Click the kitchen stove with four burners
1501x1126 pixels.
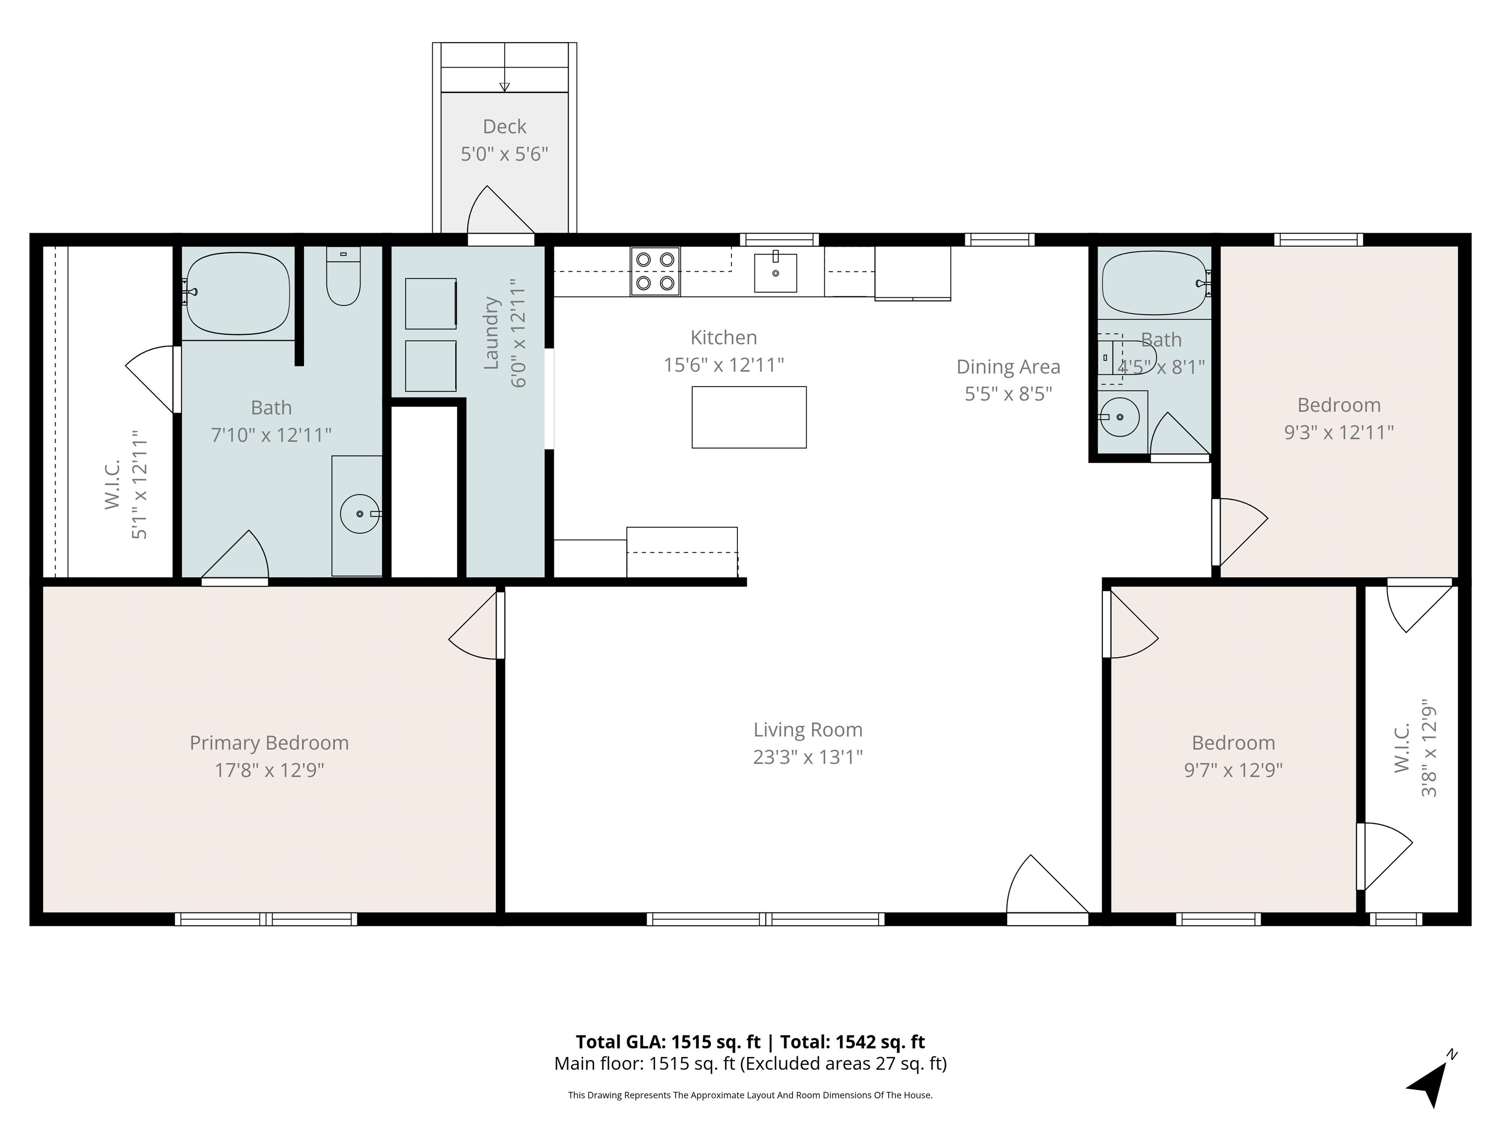655,271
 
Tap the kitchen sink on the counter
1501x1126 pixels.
775,272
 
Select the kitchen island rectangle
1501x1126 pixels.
749,417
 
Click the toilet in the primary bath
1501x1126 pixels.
343,276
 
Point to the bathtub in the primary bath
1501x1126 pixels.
237,293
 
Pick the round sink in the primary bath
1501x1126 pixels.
360,514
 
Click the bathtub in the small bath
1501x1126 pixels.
1156,282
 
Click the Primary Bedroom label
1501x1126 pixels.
269,743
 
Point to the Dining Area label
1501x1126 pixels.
1008,367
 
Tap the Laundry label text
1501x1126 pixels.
491,333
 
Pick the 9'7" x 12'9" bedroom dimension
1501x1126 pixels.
1234,770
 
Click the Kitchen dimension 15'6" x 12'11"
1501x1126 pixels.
723,365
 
